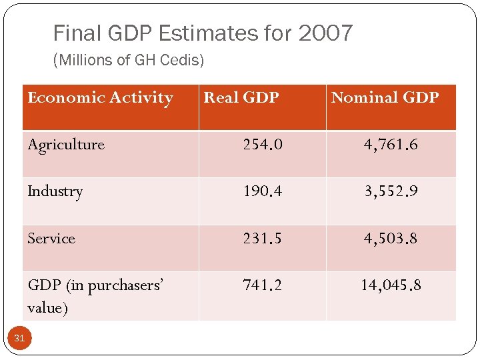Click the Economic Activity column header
[x=100, y=98]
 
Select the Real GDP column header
[x=241, y=98]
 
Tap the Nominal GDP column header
[x=385, y=98]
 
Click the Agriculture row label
[x=66, y=145]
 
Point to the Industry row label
[x=55, y=191]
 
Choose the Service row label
[x=51, y=239]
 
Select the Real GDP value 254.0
[x=263, y=145]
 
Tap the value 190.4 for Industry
[x=263, y=191]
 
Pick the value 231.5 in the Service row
[x=263, y=239]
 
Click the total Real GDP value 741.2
[x=263, y=285]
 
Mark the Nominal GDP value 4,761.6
[x=391, y=145]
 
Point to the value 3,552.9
[x=391, y=191]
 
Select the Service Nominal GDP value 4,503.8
[x=391, y=239]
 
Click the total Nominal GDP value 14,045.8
[x=391, y=285]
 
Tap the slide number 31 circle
[x=19, y=339]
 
